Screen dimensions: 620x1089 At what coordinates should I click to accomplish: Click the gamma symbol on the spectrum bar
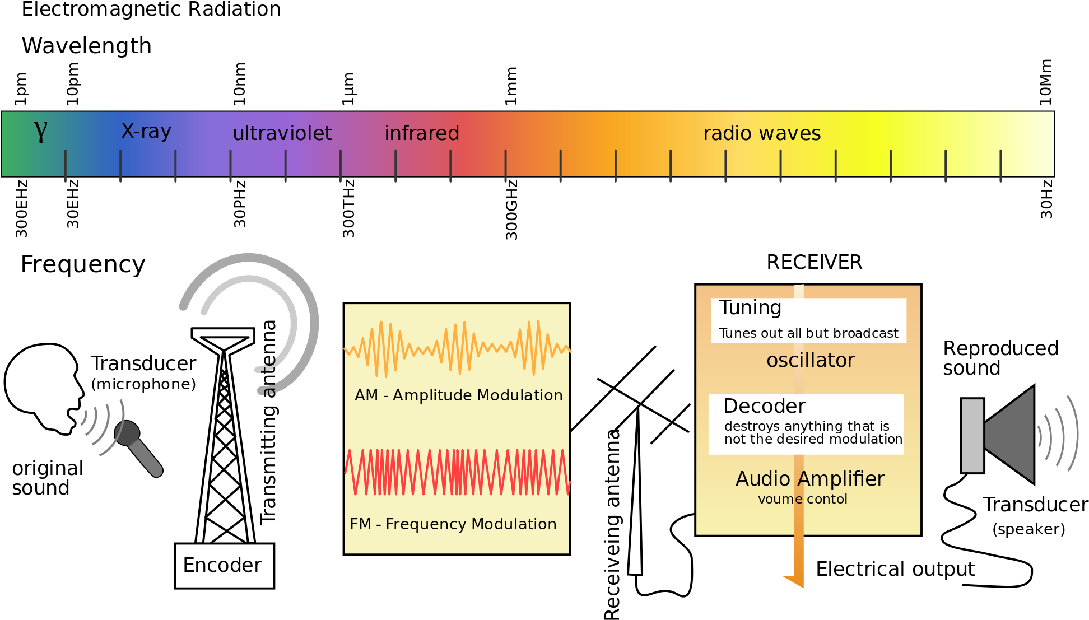click(41, 131)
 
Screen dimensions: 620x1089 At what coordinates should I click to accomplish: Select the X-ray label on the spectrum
click(146, 131)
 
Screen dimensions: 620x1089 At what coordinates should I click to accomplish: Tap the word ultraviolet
click(282, 133)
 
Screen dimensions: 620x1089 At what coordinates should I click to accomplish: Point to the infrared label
click(422, 133)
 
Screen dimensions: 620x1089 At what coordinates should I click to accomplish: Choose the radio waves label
click(762, 133)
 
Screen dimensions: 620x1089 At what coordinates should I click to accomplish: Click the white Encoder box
click(224, 566)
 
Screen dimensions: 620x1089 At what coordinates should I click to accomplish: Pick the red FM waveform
click(457, 472)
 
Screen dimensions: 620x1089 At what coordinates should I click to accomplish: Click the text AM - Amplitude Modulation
click(458, 395)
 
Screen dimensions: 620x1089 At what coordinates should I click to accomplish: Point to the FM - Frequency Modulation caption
click(453, 524)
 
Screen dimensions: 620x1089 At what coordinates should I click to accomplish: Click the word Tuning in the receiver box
click(750, 307)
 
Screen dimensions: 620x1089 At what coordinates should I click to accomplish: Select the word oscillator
click(811, 360)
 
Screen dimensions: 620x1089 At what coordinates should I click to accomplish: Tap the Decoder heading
click(764, 406)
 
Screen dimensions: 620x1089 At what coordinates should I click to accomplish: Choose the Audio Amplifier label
click(810, 479)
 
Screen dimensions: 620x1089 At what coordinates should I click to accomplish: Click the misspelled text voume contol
click(802, 499)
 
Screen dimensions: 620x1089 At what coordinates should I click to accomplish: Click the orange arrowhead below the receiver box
click(795, 581)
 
